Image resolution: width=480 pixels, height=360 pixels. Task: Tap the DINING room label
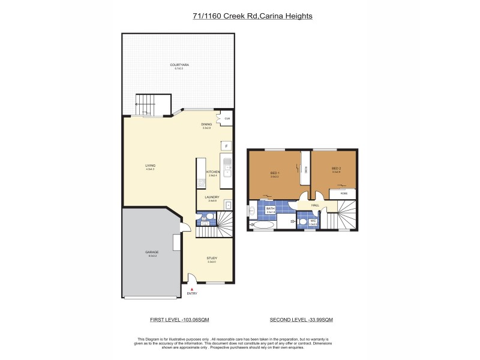click(x=207, y=124)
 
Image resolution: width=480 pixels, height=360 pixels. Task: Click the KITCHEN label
click(x=213, y=172)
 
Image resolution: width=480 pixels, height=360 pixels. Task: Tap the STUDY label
click(x=212, y=259)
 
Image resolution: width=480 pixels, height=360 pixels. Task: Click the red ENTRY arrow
click(x=192, y=289)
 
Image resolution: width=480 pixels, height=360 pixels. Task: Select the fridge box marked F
click(x=226, y=146)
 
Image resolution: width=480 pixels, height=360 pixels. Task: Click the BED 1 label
click(x=274, y=174)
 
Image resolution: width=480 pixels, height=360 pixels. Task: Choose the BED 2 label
click(x=336, y=169)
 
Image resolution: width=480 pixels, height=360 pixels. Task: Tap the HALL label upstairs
click(x=315, y=205)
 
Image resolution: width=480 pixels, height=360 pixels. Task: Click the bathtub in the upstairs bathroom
click(x=262, y=226)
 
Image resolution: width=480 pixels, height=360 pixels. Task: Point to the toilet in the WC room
click(x=302, y=221)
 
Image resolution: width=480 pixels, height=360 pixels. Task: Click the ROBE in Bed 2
click(x=344, y=194)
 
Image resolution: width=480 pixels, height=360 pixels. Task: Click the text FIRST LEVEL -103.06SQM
click(x=179, y=319)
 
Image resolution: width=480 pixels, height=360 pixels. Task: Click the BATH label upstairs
click(x=271, y=209)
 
